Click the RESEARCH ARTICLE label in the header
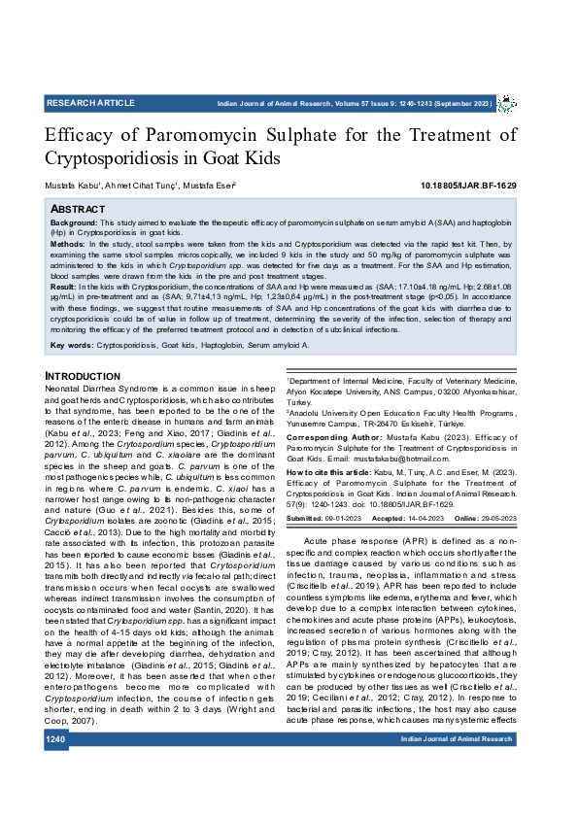(90, 103)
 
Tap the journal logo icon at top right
(507, 103)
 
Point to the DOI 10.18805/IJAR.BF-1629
(468, 186)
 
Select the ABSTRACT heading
(77, 209)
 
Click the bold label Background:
(74, 222)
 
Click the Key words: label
(71, 345)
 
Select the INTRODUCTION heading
(83, 376)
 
